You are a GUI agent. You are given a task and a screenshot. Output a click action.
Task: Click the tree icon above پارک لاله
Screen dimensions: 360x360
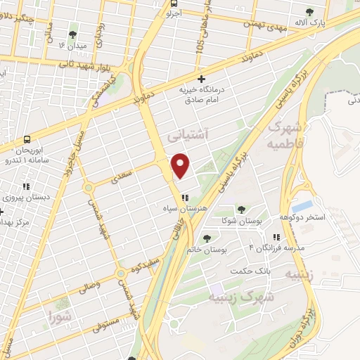[311, 12]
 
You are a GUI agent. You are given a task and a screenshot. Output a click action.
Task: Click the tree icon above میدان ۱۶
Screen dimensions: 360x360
[72, 34]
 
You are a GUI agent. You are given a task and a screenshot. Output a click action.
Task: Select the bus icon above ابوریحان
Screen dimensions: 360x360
[27, 139]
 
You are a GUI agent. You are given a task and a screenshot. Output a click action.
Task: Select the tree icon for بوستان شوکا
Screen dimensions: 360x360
[241, 209]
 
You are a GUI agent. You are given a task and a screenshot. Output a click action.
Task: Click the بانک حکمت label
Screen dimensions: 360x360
[254, 271]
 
